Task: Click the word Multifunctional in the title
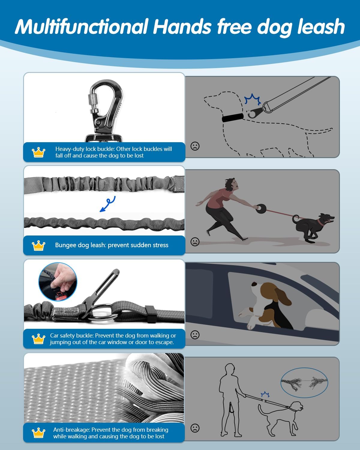point(82,26)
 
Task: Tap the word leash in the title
point(321,26)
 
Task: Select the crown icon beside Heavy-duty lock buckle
point(38,152)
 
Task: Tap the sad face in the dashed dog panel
point(195,146)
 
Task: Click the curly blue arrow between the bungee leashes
point(107,204)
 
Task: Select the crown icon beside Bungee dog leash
point(38,245)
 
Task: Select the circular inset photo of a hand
point(58,282)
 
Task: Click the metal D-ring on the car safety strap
point(104,313)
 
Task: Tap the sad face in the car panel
point(195,335)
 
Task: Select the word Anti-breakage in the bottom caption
point(71,430)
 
